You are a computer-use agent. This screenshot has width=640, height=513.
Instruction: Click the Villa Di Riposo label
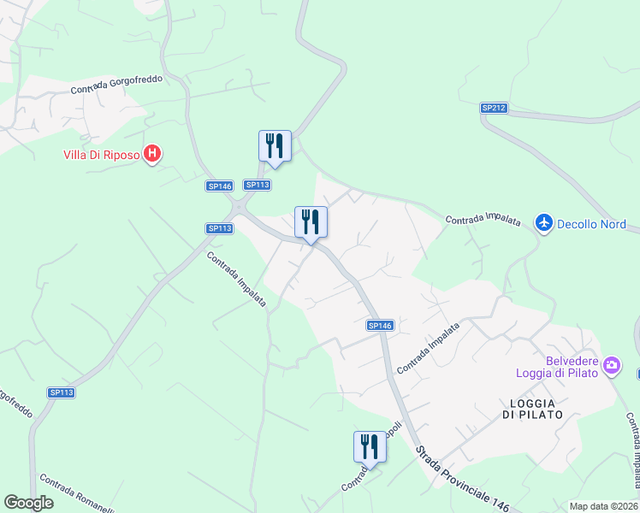(x=101, y=155)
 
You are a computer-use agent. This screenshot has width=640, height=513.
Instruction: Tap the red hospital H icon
(x=152, y=154)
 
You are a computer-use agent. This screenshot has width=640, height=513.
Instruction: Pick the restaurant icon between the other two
(x=311, y=222)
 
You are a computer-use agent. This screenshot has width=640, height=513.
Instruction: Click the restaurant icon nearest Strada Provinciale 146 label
(x=370, y=447)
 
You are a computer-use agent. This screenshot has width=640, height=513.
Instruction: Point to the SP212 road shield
(x=494, y=108)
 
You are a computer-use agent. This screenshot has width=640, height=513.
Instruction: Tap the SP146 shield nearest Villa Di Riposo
(x=220, y=186)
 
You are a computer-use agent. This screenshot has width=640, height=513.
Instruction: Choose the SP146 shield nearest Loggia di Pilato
(x=380, y=325)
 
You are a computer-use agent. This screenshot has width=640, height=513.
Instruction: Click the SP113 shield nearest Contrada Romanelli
(x=62, y=392)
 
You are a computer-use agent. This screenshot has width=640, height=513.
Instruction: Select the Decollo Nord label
(x=591, y=225)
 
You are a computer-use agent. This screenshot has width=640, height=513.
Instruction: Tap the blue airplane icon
(x=543, y=223)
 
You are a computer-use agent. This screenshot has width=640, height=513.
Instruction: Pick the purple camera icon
(x=611, y=366)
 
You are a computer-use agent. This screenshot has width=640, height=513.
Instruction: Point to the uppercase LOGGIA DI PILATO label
(x=533, y=409)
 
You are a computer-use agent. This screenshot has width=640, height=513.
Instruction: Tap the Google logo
(x=28, y=503)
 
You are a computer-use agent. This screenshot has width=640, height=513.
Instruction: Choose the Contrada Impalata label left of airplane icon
(x=483, y=220)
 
